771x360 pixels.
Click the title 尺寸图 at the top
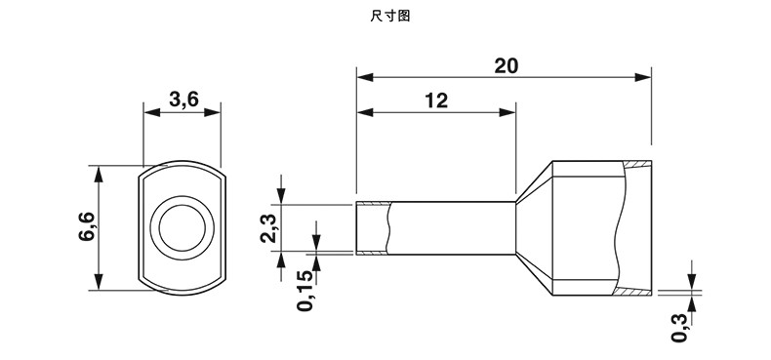click(x=389, y=16)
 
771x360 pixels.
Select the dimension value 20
click(x=506, y=66)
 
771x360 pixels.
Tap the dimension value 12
click(x=436, y=100)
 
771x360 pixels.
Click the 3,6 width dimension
click(x=183, y=100)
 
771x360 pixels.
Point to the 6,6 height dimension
click(x=86, y=226)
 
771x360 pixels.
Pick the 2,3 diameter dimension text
click(x=268, y=228)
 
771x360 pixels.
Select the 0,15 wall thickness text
click(x=304, y=290)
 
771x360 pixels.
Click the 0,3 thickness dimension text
click(x=679, y=329)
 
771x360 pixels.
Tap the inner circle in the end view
click(x=182, y=227)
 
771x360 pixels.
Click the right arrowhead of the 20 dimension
click(x=643, y=77)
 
